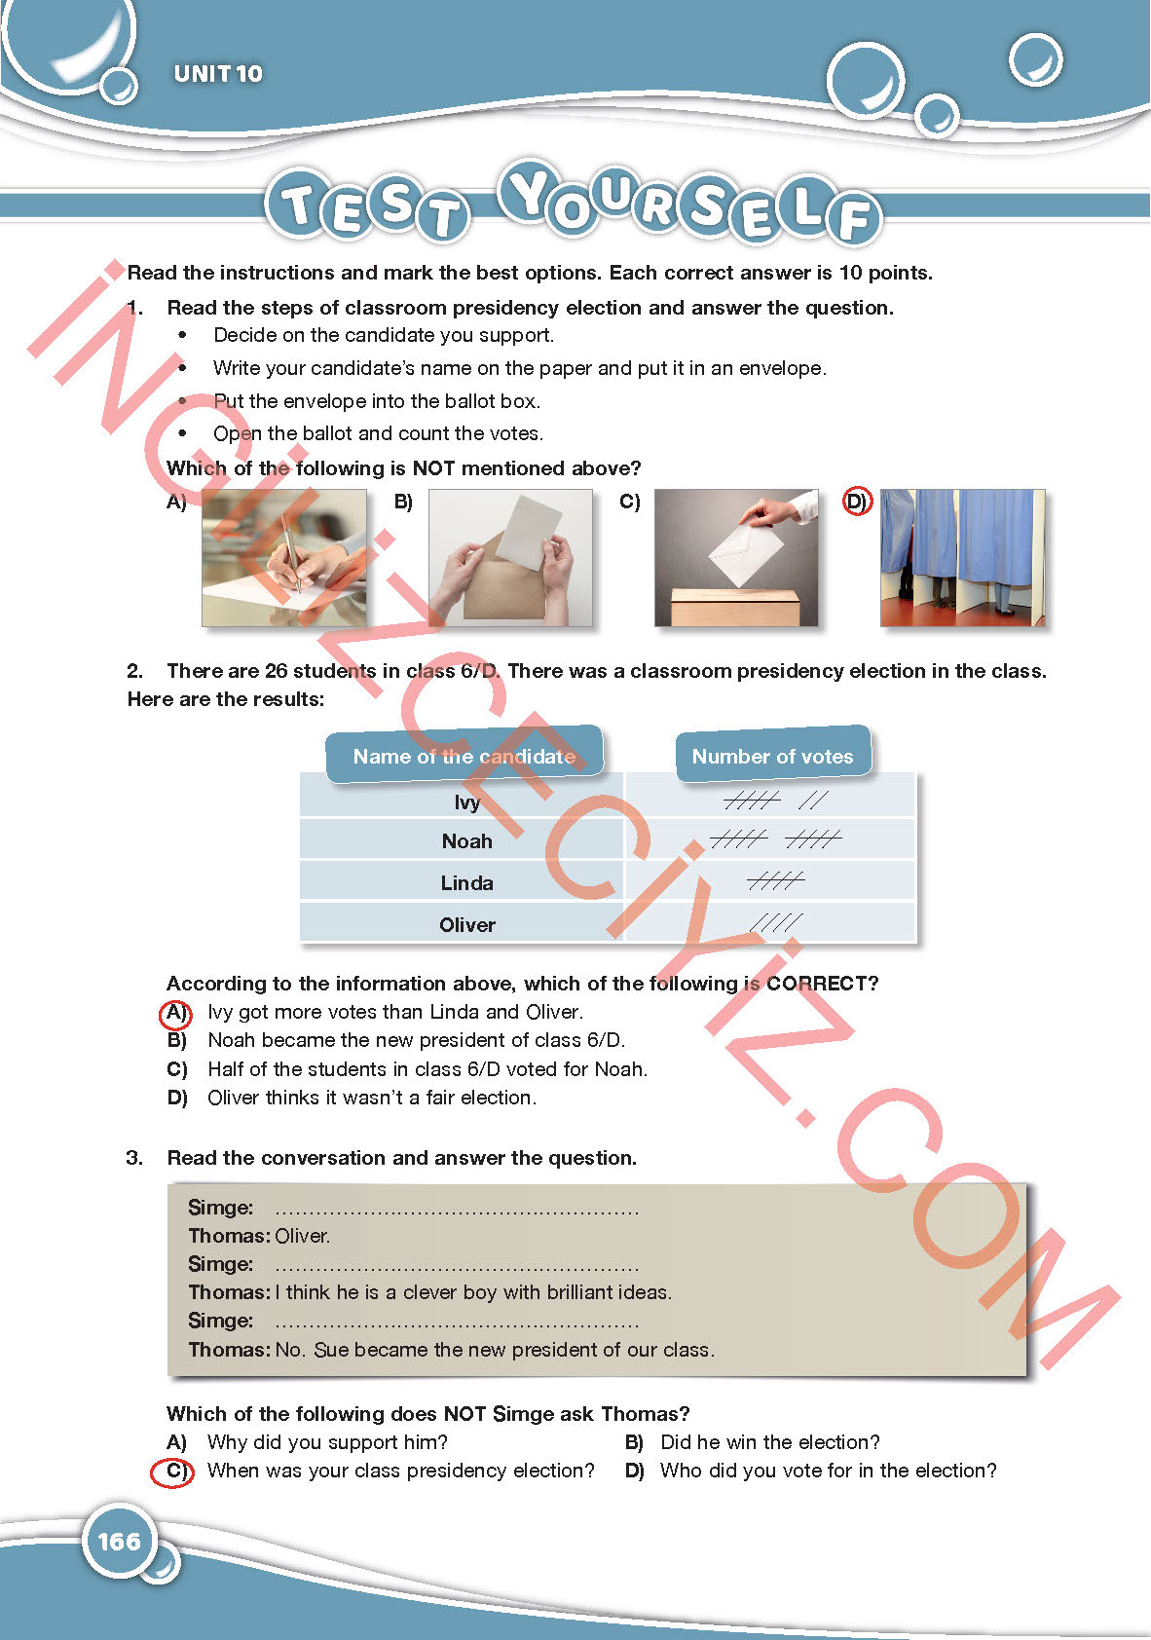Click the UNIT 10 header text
[218, 74]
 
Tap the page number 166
[119, 1541]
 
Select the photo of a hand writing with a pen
[283, 558]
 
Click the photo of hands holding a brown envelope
[510, 558]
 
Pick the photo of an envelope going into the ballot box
[736, 558]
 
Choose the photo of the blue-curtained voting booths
[962, 558]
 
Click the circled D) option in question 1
[857, 503]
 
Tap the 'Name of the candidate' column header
[464, 756]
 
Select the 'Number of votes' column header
[772, 756]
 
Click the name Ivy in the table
[466, 801]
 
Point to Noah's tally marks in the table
[775, 839]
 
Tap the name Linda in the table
[466, 883]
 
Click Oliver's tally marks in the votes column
[776, 922]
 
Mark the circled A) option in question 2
[175, 1013]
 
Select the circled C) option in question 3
[174, 1472]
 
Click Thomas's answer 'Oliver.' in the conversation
[303, 1236]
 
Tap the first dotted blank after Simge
[457, 1211]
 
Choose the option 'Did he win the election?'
[769, 1442]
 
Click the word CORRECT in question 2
[822, 984]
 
